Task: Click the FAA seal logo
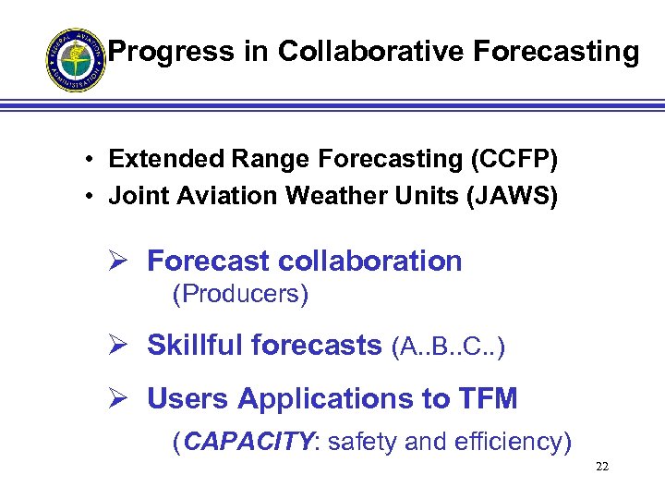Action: coord(76,59)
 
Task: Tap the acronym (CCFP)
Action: coord(513,159)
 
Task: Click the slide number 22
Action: coord(602,467)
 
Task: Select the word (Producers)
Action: coord(240,294)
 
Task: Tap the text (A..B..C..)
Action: coord(448,347)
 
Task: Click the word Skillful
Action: coord(194,346)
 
